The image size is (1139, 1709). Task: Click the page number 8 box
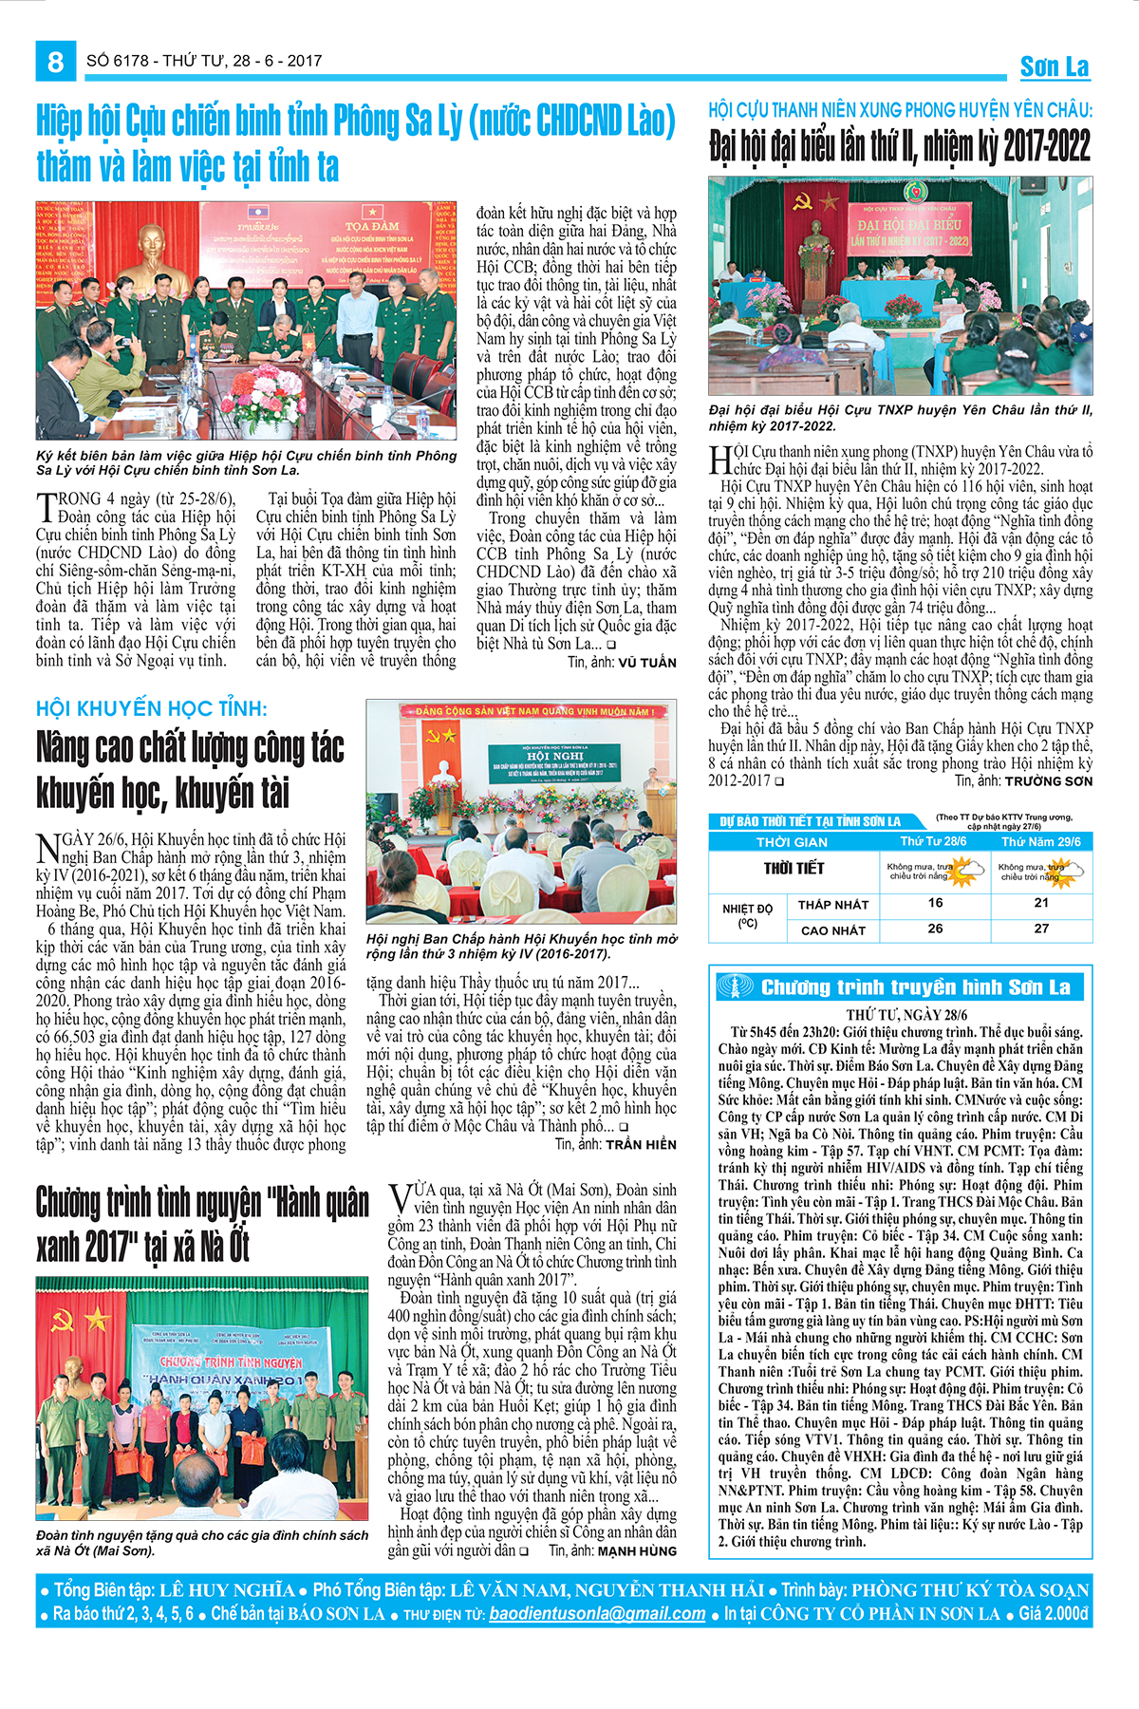tap(55, 62)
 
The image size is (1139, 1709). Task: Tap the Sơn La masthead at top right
tap(1055, 66)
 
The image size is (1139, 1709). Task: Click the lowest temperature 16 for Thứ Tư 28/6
tap(935, 903)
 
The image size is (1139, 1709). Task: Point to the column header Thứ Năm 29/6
tap(1040, 841)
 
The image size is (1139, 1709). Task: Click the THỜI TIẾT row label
tap(794, 868)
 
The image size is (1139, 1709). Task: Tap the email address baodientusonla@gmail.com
tap(597, 1613)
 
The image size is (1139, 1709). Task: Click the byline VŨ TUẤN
tap(646, 663)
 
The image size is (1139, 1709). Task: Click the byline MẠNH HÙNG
tap(637, 1551)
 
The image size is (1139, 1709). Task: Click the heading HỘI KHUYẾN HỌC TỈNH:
tap(152, 708)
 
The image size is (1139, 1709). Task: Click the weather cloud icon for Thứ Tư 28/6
tap(966, 868)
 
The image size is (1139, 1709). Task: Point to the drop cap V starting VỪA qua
tap(399, 1199)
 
